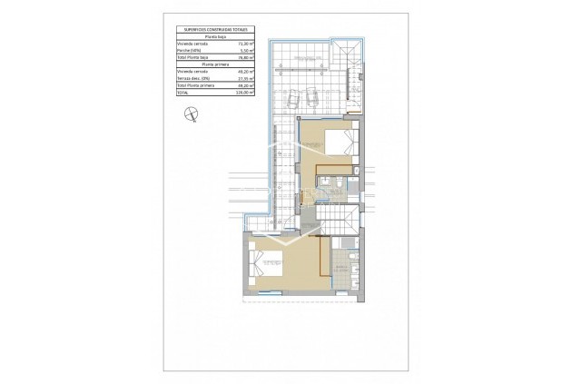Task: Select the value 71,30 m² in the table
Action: (244, 42)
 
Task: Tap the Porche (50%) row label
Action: (191, 50)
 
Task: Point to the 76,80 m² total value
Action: (244, 57)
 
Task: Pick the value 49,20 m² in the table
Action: (244, 72)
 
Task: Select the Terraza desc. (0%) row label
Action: (195, 79)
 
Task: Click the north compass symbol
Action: (191, 113)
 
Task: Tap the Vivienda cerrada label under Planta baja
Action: (193, 42)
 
